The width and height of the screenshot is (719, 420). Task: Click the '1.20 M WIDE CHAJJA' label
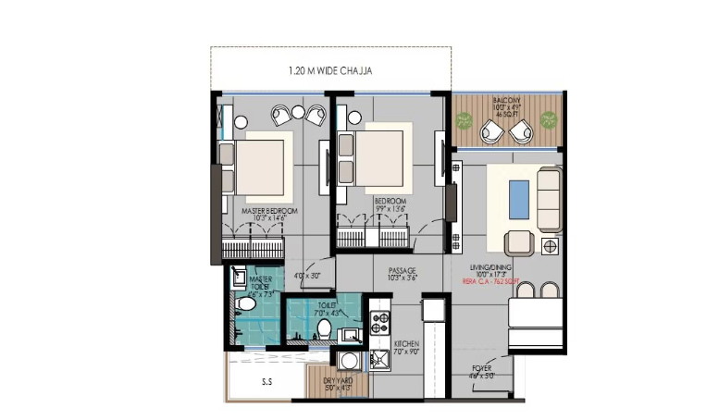[331, 70]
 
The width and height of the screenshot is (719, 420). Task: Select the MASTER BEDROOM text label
[269, 212]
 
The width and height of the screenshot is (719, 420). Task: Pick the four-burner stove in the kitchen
[380, 322]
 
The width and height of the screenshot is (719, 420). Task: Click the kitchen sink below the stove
[380, 358]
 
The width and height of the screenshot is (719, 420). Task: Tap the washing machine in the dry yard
[351, 360]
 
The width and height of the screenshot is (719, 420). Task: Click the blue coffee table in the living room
[520, 197]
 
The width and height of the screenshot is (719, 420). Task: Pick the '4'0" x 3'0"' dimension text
[306, 276]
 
